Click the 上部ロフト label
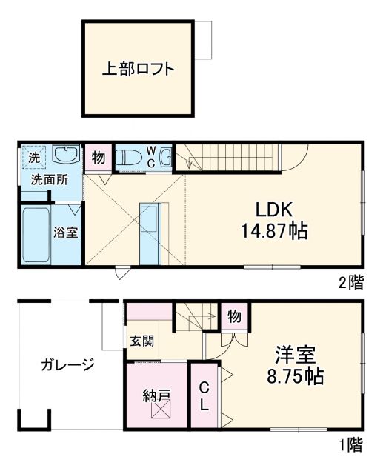tap(139, 70)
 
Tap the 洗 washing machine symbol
tap(34, 157)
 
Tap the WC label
tap(150, 157)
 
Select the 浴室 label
tap(65, 232)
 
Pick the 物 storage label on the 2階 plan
tap(98, 157)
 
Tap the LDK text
tap(273, 209)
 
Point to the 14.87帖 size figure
tap(273, 231)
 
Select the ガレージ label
tap(68, 364)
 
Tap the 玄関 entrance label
tap(142, 341)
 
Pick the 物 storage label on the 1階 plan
tap(233, 316)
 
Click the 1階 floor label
tap(351, 445)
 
